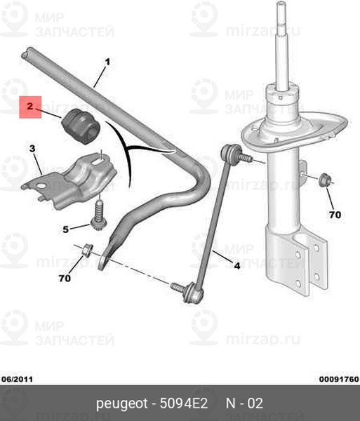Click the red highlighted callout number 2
tap(29, 106)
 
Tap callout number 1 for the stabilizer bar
tap(107, 62)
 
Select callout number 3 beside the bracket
tap(32, 149)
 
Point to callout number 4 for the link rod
tap(236, 266)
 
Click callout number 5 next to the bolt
tap(66, 229)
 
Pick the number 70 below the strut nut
tap(335, 215)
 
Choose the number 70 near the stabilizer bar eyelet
tap(65, 278)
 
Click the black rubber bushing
tap(81, 126)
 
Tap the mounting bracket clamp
tap(69, 180)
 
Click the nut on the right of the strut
tap(325, 180)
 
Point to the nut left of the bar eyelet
tap(88, 250)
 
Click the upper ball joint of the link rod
tap(230, 152)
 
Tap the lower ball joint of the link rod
tap(192, 293)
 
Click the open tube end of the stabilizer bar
tap(25, 53)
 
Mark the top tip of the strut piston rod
tap(281, 3)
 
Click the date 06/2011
tap(17, 380)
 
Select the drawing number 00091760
tap(339, 380)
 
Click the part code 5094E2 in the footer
tap(184, 403)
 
